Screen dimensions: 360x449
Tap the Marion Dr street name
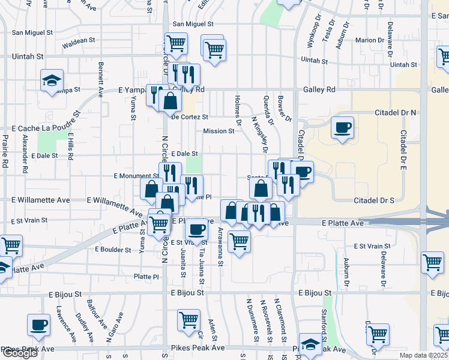point(369,40)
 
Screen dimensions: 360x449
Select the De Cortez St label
point(189,117)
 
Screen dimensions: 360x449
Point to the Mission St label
point(218,131)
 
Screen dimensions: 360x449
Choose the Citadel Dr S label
point(374,200)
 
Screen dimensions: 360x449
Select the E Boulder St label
point(113,249)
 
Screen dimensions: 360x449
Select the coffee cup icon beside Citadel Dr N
point(342,128)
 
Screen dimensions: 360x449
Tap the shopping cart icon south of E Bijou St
point(188,320)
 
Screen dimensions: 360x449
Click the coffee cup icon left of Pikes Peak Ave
point(39,325)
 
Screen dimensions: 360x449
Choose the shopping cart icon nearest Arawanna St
point(240,241)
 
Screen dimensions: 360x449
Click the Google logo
point(20,353)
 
